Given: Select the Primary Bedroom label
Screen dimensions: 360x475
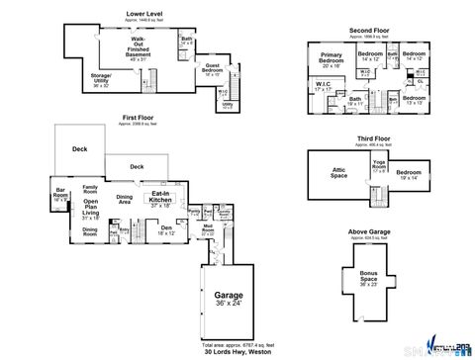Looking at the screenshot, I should (332, 60).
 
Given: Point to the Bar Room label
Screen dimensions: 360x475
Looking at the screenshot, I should (60, 194).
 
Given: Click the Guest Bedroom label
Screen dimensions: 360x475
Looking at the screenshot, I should (212, 69).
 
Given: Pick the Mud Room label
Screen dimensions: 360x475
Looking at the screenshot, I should (210, 230).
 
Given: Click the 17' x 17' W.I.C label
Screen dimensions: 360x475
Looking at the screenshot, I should (323, 86).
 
